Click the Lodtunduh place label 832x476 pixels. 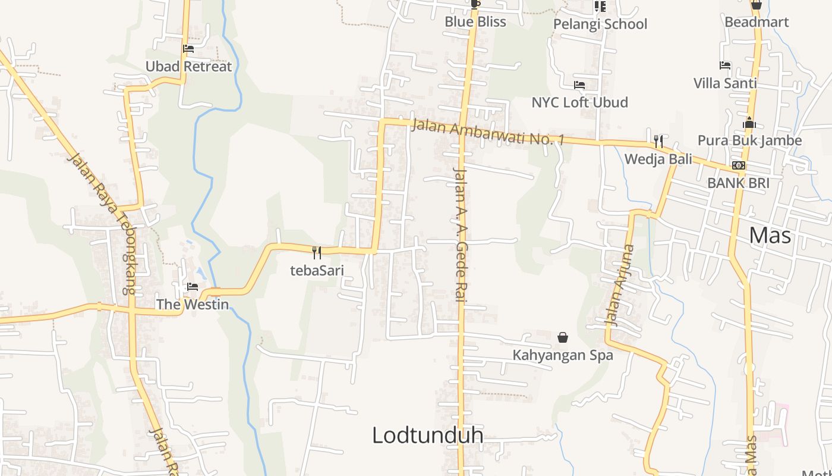pyautogui.click(x=427, y=436)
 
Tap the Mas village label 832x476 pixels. pyautogui.click(x=770, y=236)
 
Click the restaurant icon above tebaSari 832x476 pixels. pyautogui.click(x=317, y=253)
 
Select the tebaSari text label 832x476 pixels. pyautogui.click(x=317, y=271)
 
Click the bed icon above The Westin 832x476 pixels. pyautogui.click(x=193, y=287)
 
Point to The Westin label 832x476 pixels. pyautogui.click(x=192, y=305)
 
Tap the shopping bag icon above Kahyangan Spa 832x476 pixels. pyautogui.click(x=563, y=338)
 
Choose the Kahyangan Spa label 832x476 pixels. pyautogui.click(x=563, y=356)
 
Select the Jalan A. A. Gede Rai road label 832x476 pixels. pyautogui.click(x=459, y=235)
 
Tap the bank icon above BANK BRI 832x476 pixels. pyautogui.click(x=739, y=165)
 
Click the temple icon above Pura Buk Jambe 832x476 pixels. pyautogui.click(x=749, y=123)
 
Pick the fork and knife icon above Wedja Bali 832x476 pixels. pyautogui.click(x=658, y=142)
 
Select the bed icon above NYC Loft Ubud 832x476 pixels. pyautogui.click(x=579, y=85)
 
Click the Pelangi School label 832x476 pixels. pyautogui.click(x=600, y=24)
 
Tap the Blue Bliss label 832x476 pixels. pyautogui.click(x=475, y=22)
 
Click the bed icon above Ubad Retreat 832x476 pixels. pyautogui.click(x=188, y=49)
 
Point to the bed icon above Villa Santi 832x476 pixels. pyautogui.click(x=725, y=65)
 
